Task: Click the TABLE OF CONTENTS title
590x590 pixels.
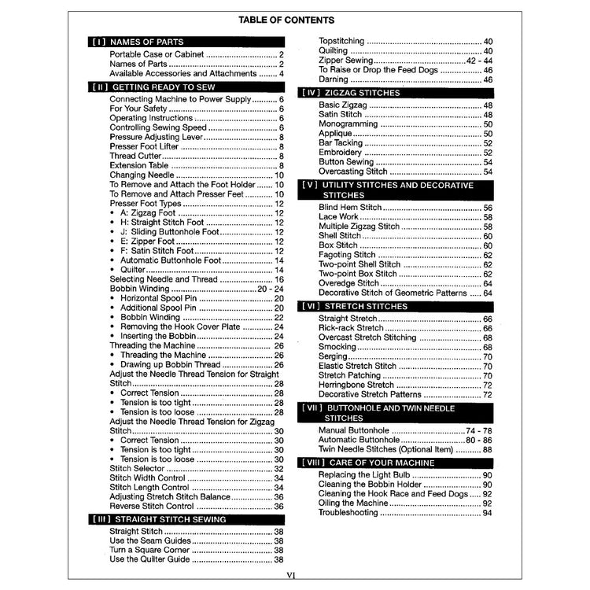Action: (x=294, y=20)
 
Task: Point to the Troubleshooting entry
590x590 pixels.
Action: (x=348, y=513)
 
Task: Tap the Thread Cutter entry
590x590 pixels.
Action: (x=136, y=156)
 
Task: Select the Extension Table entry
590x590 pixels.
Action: (x=139, y=165)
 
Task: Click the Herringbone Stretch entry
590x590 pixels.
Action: (x=356, y=385)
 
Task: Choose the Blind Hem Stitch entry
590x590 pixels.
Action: (x=350, y=207)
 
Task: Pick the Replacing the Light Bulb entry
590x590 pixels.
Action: (x=365, y=475)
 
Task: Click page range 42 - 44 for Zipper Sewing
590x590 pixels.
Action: (x=478, y=61)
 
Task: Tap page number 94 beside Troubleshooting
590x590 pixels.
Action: (x=487, y=513)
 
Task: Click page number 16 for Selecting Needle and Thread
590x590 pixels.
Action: (x=278, y=279)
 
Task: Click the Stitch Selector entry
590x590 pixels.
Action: (x=137, y=469)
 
